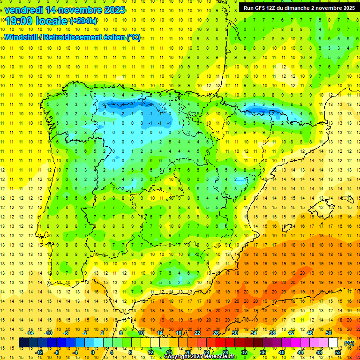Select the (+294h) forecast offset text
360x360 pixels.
(84, 21)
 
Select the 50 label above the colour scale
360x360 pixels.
(328, 332)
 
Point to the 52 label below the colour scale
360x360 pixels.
(338, 352)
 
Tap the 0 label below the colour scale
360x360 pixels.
(93, 352)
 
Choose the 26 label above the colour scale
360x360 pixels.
(216, 332)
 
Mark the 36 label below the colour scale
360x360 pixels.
(263, 352)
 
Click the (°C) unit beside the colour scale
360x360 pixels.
(349, 343)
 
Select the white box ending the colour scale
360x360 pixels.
(333, 343)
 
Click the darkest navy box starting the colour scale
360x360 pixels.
(23, 343)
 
